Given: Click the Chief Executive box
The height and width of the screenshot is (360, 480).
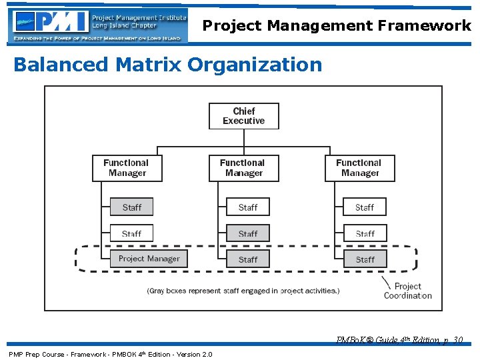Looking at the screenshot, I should tap(243, 116).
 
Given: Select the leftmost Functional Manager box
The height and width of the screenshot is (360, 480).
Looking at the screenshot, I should tap(127, 168).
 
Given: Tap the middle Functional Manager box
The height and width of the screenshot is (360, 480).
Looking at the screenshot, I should tap(243, 168).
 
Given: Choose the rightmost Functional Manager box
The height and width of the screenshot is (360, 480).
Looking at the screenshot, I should tap(360, 168).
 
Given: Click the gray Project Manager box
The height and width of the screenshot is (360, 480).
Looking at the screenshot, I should tap(149, 259).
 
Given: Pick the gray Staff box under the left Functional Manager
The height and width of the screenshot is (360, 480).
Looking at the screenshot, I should tap(131, 207).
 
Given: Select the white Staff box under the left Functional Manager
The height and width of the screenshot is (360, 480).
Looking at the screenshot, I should tap(131, 233).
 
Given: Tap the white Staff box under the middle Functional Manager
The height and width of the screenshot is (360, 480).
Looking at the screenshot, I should tap(248, 207).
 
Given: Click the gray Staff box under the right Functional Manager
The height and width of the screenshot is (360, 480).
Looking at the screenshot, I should tap(365, 259).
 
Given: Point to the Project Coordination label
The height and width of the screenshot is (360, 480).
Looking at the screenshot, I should tap(407, 291).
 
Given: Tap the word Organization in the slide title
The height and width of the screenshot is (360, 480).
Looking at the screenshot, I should tap(255, 65).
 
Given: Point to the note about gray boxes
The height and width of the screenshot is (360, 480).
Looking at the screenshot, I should tap(243, 291).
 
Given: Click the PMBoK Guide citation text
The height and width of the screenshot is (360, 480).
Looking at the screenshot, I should tap(400, 340).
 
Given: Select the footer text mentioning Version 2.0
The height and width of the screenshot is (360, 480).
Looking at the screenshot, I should tap(110, 354).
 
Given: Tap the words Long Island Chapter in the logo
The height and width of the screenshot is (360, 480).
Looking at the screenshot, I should tap(124, 26).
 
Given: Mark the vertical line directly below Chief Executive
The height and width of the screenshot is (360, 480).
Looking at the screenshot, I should tap(244, 137).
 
